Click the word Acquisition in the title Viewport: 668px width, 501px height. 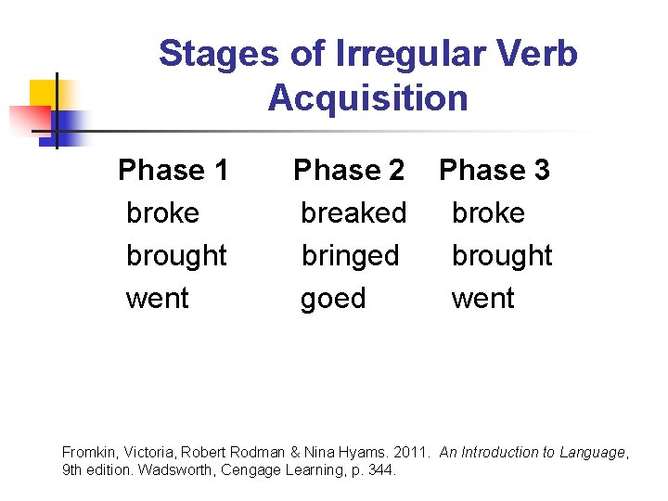point(368,97)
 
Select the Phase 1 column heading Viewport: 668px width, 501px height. point(173,171)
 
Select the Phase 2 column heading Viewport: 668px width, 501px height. point(349,171)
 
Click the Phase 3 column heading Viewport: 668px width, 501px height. point(494,171)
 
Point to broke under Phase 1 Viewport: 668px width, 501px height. point(162,213)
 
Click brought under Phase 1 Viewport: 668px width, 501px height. point(176,256)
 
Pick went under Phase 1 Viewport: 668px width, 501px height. point(157,299)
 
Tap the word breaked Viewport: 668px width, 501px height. point(353,213)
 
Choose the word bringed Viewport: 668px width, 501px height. point(350,256)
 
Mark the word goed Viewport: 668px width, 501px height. point(333,299)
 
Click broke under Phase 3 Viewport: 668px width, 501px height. point(488,213)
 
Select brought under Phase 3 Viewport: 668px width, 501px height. point(502,256)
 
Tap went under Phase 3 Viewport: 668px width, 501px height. point(482,299)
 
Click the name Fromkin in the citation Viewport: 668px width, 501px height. point(88,453)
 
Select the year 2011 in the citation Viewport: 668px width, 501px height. point(411,453)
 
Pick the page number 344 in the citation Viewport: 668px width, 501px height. point(380,470)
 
